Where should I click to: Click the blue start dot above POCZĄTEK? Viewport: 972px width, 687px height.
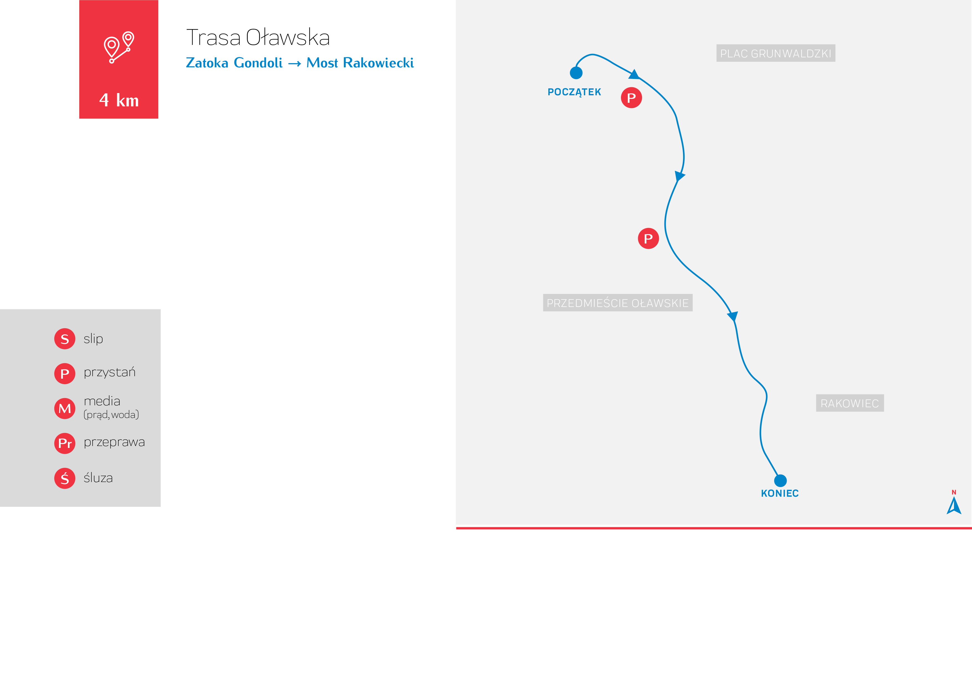point(576,73)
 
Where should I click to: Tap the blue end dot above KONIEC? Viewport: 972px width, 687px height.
point(780,480)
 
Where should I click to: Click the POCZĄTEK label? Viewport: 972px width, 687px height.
point(574,92)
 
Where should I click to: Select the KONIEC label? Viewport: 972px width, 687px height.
point(780,493)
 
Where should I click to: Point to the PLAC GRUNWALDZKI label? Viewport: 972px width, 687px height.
point(776,53)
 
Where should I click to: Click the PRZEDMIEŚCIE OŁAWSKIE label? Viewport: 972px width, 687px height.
point(618,303)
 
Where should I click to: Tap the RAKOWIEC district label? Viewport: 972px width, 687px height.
point(850,403)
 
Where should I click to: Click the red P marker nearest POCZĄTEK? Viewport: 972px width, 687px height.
point(631,98)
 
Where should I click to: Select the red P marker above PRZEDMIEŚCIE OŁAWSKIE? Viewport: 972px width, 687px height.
point(648,238)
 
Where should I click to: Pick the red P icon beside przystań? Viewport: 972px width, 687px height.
point(65,373)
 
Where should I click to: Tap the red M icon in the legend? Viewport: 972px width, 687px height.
point(65,409)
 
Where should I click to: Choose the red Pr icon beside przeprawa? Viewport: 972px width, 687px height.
point(65,443)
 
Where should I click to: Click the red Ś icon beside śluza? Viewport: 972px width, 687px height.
point(65,478)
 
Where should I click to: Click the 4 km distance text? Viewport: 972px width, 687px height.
point(119,100)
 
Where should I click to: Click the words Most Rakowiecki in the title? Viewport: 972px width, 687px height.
point(360,63)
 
